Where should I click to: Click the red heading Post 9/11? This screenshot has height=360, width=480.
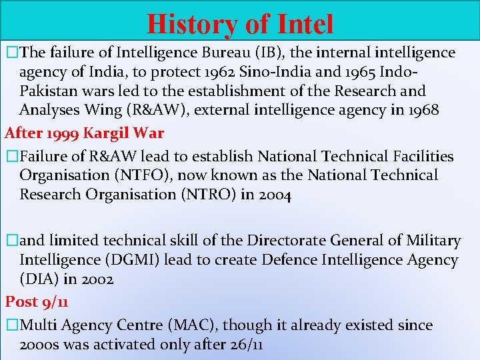[37, 301]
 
